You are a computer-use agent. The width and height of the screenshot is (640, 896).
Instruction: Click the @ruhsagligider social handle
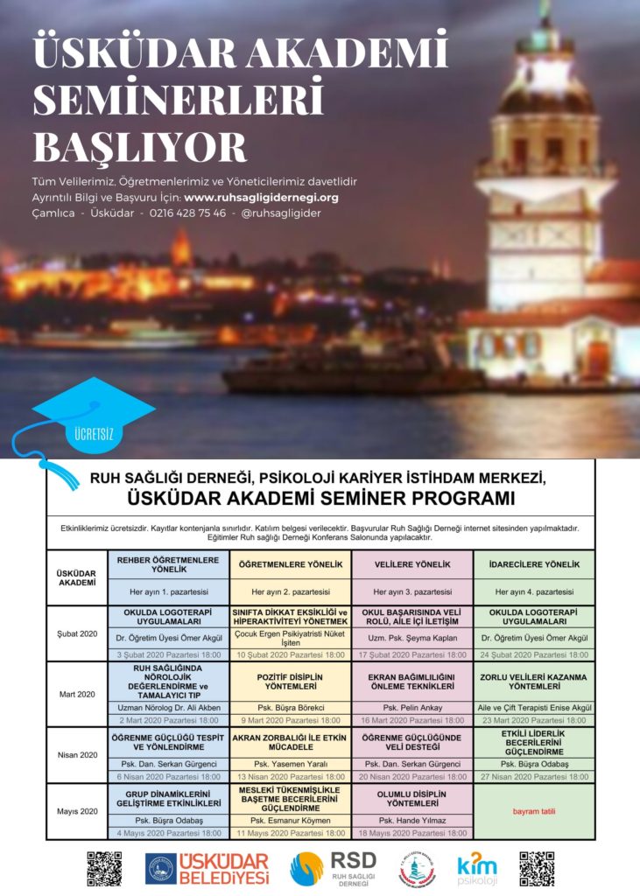point(288,213)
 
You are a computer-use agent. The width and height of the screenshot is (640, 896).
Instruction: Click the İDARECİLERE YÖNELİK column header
point(534,565)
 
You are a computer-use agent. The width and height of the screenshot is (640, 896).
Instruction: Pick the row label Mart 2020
point(76,694)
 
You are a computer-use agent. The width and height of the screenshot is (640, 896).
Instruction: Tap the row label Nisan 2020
point(76,753)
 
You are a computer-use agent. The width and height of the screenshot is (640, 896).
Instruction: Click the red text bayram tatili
point(534,811)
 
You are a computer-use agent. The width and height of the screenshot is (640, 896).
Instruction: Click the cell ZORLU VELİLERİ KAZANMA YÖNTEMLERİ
point(534,682)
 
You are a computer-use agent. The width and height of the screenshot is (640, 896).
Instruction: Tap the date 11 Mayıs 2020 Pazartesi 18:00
point(290,833)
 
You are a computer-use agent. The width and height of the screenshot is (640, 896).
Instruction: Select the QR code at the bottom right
point(537,868)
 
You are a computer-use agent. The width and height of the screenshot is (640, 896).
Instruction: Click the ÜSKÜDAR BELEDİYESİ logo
point(207,868)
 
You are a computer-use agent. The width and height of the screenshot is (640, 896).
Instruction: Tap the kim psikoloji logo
point(477,868)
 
